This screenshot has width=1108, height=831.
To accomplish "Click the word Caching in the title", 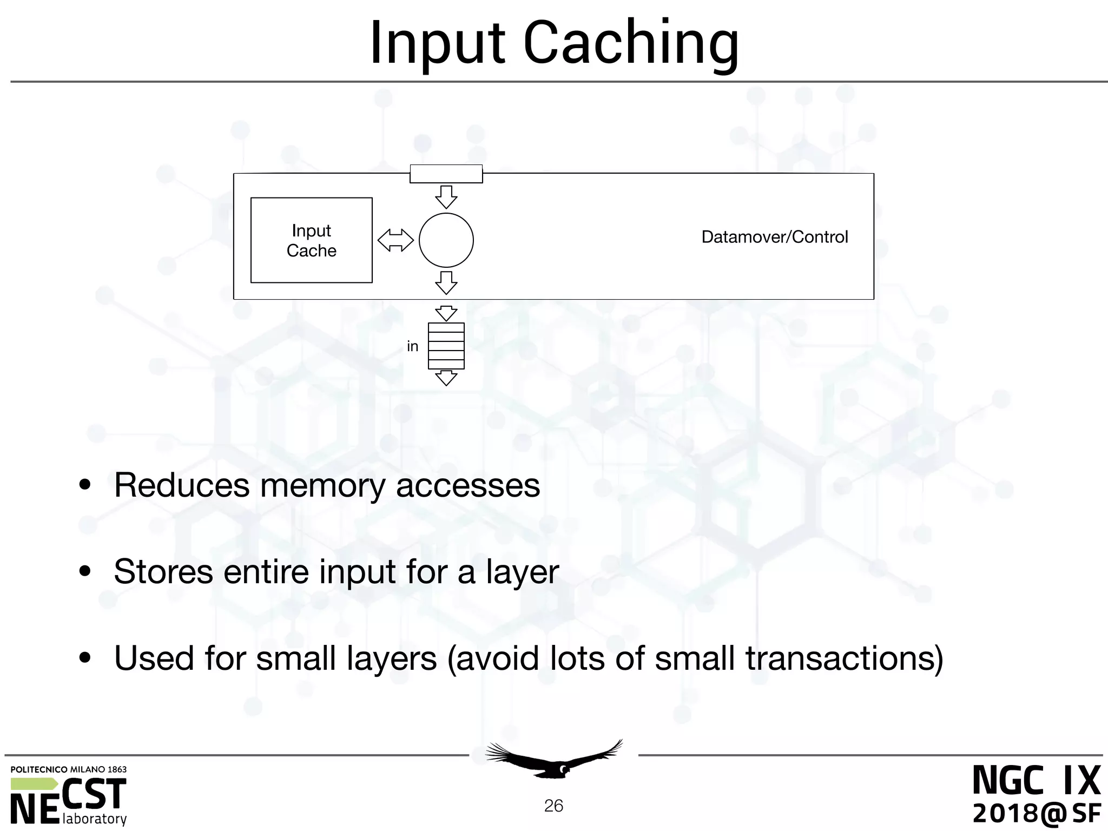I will point(631,43).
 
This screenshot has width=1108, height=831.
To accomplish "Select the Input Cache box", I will point(311,240).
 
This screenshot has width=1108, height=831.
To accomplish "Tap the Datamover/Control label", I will point(774,237).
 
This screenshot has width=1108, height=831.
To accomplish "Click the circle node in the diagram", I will point(446,240).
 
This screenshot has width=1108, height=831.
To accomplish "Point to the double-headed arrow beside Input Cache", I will point(395,240).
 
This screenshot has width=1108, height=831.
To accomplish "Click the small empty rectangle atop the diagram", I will point(446,174).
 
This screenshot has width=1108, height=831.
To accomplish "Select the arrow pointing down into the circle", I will point(446,197).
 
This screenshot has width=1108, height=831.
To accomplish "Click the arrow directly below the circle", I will point(446,283).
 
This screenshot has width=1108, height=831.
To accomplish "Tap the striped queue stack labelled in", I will point(446,346).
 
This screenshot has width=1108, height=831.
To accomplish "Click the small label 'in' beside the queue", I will point(412,346).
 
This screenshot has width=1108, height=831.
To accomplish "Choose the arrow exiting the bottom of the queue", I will point(446,378).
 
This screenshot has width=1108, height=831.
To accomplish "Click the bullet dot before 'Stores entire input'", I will point(85,572).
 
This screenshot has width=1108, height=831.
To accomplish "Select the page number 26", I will point(553,806).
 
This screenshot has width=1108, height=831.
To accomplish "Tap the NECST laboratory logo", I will point(69,795).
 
